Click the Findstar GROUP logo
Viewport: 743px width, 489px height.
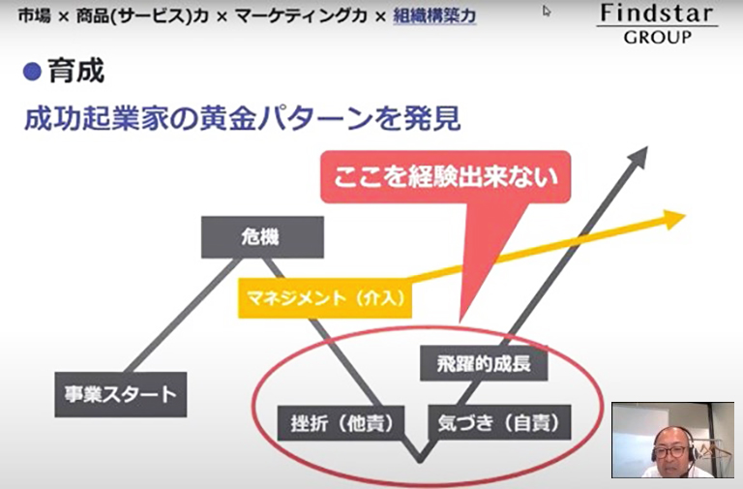[657, 23]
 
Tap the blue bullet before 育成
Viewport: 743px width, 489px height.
[32, 72]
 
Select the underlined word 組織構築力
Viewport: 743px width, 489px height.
[434, 16]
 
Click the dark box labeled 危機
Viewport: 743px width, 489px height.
[262, 237]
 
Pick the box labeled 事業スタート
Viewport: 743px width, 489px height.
[121, 395]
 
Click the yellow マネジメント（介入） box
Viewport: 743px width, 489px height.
[325, 298]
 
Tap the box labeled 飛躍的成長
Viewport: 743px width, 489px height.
[484, 364]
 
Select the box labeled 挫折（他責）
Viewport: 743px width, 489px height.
[341, 422]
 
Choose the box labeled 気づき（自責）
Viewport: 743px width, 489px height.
[499, 422]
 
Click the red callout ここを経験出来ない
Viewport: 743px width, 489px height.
[445, 177]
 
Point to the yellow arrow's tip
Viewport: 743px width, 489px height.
[685, 215]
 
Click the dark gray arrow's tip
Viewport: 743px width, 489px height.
[646, 148]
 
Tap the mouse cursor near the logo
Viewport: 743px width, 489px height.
[547, 11]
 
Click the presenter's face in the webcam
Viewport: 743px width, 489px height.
[670, 448]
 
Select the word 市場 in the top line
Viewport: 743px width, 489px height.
[34, 16]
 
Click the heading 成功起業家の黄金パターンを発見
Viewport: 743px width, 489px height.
[242, 118]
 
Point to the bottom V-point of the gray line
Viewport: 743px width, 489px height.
[420, 461]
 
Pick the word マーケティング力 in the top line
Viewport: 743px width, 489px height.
[302, 16]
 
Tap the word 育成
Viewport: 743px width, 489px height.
[75, 72]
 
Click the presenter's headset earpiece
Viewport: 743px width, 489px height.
[656, 452]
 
